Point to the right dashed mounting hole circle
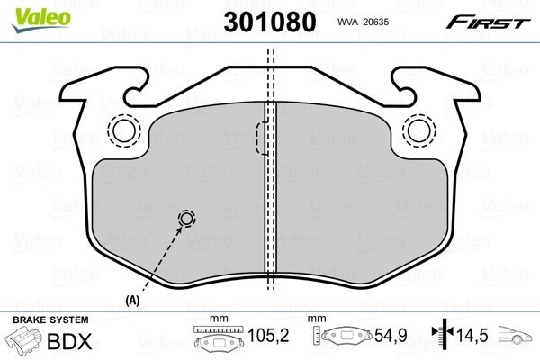(x=417, y=131)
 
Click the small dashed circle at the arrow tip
(x=187, y=219)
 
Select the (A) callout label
(x=133, y=300)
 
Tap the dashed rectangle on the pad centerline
(x=262, y=137)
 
